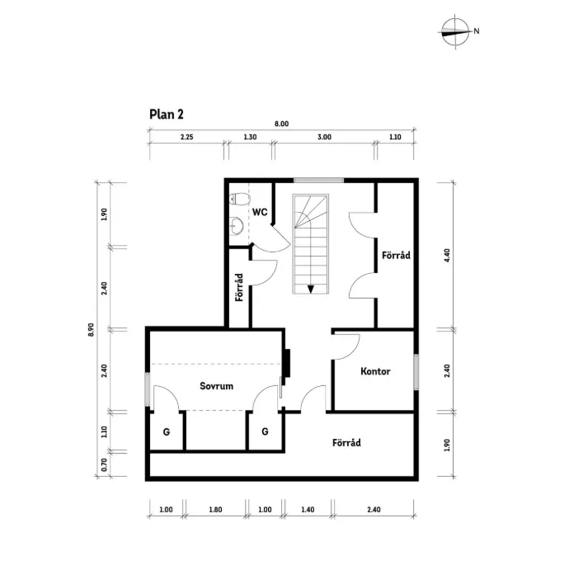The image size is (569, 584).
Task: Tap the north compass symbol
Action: [454, 32]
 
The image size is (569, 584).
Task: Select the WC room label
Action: [260, 212]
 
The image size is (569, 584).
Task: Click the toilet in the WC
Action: [239, 199]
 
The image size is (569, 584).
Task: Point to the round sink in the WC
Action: [237, 223]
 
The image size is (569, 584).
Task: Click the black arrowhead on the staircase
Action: [312, 289]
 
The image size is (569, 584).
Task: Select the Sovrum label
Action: [217, 385]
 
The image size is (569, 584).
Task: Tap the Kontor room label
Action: [375, 371]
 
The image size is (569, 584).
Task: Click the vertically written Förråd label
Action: [238, 286]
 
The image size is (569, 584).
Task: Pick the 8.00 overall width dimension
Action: [281, 124]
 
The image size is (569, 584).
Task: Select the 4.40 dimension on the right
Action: [446, 254]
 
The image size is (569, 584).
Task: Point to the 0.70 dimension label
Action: [104, 464]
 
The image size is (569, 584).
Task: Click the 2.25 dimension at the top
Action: [186, 138]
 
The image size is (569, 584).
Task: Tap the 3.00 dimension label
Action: [323, 138]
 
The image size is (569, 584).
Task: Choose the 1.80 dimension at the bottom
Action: [215, 510]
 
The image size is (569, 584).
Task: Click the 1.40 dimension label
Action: [308, 510]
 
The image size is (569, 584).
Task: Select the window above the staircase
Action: [318, 180]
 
